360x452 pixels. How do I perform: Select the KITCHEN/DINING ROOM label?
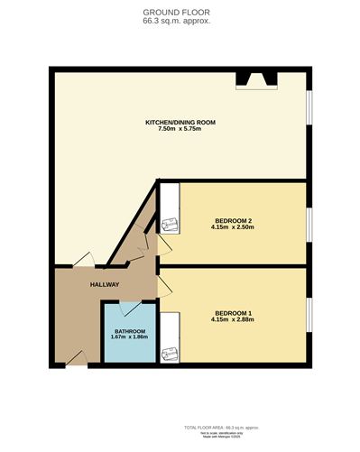click(x=180, y=122)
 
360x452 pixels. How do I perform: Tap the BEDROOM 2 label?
click(x=233, y=220)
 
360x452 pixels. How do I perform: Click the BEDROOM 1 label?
click(x=233, y=313)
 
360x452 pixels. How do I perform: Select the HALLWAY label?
click(x=105, y=285)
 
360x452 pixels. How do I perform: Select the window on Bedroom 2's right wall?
click(x=309, y=221)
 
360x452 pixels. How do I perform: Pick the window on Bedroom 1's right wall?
click(x=309, y=316)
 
